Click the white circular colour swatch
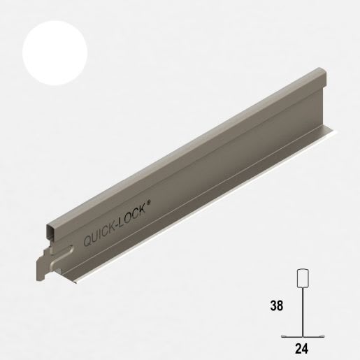[55, 53]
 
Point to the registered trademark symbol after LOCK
[148, 203]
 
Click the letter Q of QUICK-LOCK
[88, 240]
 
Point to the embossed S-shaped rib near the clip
[62, 256]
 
